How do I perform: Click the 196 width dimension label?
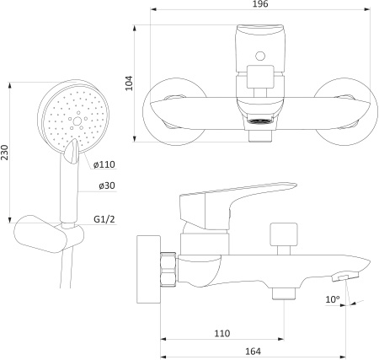pyautogui.click(x=260, y=3)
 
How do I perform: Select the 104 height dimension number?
pyautogui.click(x=129, y=83)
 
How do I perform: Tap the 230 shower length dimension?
pyautogui.click(x=4, y=153)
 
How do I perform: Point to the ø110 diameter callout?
pyautogui.click(x=104, y=164)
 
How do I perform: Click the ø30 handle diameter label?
pyautogui.click(x=107, y=185)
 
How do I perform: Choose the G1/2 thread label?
pyautogui.click(x=104, y=219)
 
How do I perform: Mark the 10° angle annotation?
pyautogui.click(x=333, y=299)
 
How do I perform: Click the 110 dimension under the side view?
pyautogui.click(x=222, y=333)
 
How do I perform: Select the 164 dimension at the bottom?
pyautogui.click(x=253, y=352)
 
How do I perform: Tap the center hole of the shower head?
pyautogui.click(x=77, y=121)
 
